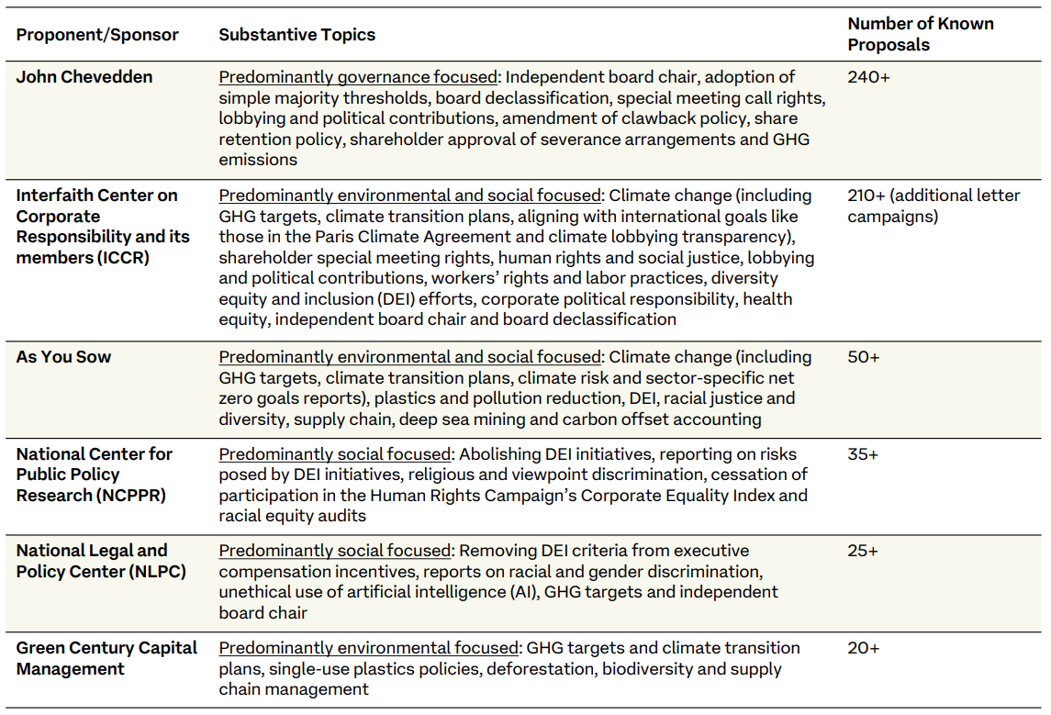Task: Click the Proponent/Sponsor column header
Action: pyautogui.click(x=97, y=35)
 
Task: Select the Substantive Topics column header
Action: pyautogui.click(x=296, y=35)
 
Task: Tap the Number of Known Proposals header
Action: pyautogui.click(x=921, y=34)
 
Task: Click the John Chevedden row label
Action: pyautogui.click(x=84, y=77)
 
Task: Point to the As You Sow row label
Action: pyautogui.click(x=63, y=357)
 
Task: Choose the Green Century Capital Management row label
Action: pyautogui.click(x=106, y=658)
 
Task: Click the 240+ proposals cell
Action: pyautogui.click(x=868, y=77)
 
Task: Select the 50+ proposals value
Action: pyautogui.click(x=864, y=357)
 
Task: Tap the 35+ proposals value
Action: pyautogui.click(x=863, y=454)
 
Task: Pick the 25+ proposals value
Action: pyautogui.click(x=863, y=551)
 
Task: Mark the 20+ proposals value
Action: pyautogui.click(x=864, y=648)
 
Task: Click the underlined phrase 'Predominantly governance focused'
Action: pyautogui.click(x=358, y=78)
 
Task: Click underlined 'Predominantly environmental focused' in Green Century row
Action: pyautogui.click(x=369, y=649)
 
